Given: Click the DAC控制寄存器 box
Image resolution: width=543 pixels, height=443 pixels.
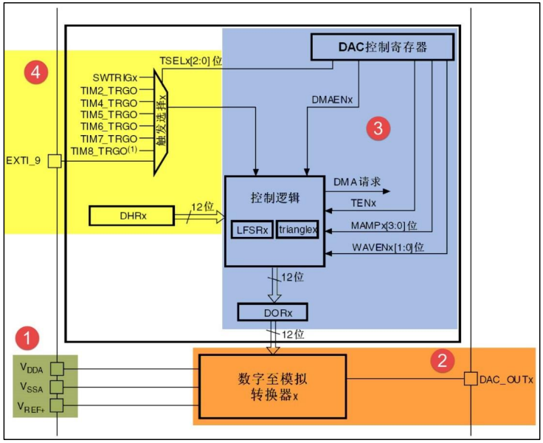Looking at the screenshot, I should tap(383, 49).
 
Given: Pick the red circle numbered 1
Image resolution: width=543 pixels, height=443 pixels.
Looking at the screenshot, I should tap(28, 340).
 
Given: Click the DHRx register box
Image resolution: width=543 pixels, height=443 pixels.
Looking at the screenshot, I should tap(130, 216).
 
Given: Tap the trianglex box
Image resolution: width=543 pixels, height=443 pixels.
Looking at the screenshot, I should tap(297, 230).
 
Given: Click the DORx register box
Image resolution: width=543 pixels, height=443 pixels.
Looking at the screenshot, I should tap(272, 312).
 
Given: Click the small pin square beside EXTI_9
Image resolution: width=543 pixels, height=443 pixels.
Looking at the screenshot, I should tap(55, 160).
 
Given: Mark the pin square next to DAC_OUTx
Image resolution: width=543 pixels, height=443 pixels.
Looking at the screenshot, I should tap(469, 380).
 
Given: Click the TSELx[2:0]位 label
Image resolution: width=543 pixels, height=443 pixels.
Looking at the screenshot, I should tap(190, 61).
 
